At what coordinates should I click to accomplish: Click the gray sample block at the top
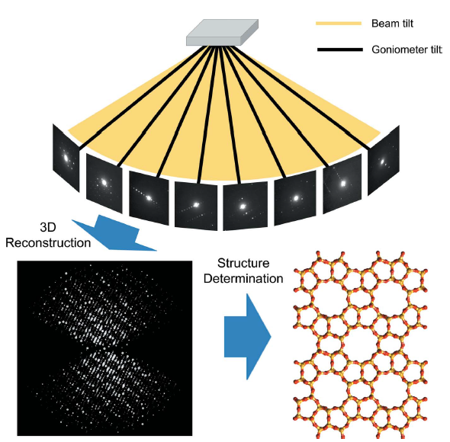(x=223, y=33)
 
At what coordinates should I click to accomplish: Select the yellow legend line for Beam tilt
(x=339, y=24)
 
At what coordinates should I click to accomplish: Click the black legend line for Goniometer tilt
(x=340, y=50)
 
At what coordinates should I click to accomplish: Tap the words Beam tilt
(x=392, y=23)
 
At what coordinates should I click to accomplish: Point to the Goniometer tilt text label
(x=407, y=50)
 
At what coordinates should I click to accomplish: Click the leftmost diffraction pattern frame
(x=66, y=158)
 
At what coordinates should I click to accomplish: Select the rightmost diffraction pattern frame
(x=384, y=160)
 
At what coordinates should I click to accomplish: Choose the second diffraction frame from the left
(x=104, y=183)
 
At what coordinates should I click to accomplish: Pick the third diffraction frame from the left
(x=149, y=198)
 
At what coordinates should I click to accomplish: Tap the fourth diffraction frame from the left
(x=196, y=206)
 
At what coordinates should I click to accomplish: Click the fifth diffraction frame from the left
(x=245, y=206)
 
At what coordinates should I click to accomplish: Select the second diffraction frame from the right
(x=342, y=184)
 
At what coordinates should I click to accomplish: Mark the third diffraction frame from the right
(x=295, y=198)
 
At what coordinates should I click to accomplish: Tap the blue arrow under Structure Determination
(x=247, y=337)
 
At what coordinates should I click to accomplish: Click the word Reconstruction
(x=48, y=243)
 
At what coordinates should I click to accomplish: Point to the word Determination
(x=243, y=278)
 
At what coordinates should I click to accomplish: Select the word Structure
(x=243, y=263)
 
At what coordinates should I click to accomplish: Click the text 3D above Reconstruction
(x=48, y=227)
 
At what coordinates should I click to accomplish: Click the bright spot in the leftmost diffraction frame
(x=66, y=158)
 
